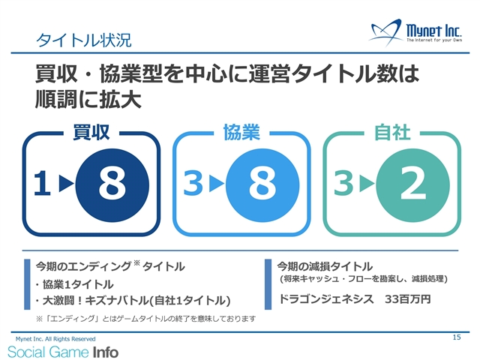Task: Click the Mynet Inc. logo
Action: (x=415, y=32)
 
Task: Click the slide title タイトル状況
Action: (x=84, y=40)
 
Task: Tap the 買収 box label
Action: (x=91, y=133)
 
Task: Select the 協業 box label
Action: (x=241, y=133)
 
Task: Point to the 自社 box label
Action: (x=392, y=133)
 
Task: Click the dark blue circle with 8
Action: (x=112, y=185)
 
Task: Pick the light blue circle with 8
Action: (x=262, y=185)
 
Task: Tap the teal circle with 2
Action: (x=413, y=185)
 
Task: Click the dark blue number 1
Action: (x=42, y=183)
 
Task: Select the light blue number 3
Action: (x=193, y=183)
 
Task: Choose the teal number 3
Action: (x=343, y=183)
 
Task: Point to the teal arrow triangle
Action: (x=367, y=183)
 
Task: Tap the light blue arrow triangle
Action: (x=217, y=183)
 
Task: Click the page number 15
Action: (x=457, y=337)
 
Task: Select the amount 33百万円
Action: (x=408, y=299)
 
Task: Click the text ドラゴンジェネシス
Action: (x=326, y=299)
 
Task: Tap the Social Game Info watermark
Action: (x=63, y=352)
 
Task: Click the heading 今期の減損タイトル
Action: (x=325, y=267)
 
